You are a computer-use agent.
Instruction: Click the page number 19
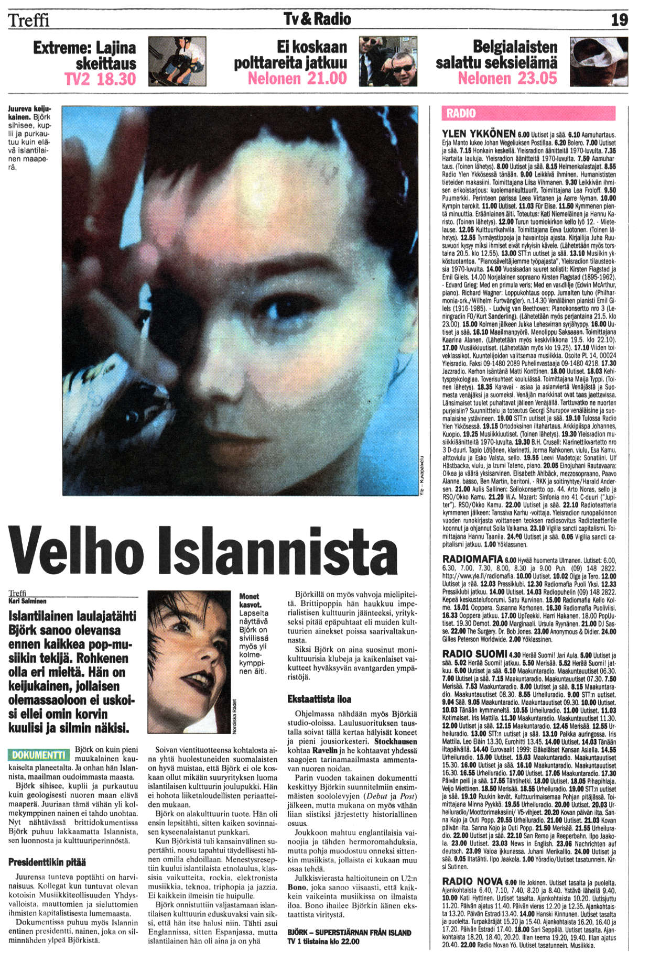pyautogui.click(x=619, y=20)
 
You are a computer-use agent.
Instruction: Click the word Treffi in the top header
pyautogui.click(x=29, y=20)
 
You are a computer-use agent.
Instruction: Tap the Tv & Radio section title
pyautogui.click(x=317, y=19)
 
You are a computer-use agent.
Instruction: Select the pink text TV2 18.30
pyautogui.click(x=100, y=79)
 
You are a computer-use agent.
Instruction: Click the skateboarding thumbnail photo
pyautogui.click(x=177, y=61)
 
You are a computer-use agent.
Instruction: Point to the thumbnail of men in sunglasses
pyautogui.click(x=388, y=61)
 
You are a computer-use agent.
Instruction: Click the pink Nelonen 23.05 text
pyautogui.click(x=507, y=79)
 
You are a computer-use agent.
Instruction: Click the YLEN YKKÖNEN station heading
pyautogui.click(x=479, y=134)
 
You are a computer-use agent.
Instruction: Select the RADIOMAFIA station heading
pyautogui.click(x=472, y=559)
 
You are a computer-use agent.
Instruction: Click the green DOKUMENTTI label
pyautogui.click(x=39, y=755)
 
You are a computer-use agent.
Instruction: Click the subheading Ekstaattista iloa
pyautogui.click(x=319, y=699)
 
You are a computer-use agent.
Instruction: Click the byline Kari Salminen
pyautogui.click(x=27, y=601)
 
